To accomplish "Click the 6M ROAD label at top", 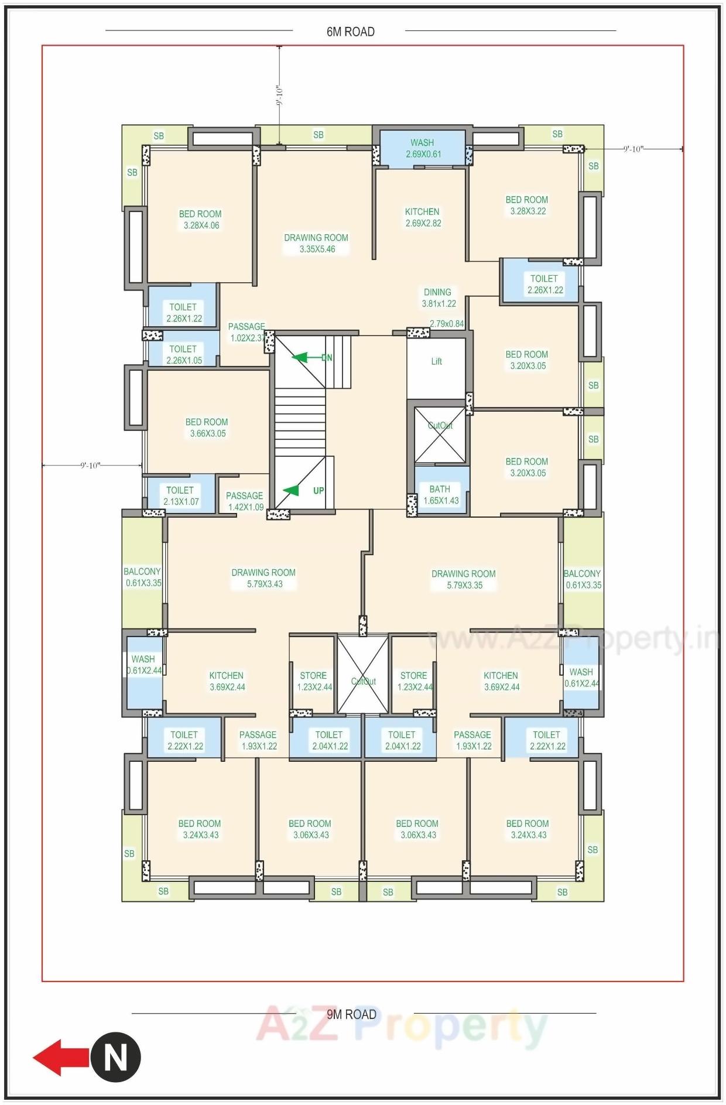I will [350, 32].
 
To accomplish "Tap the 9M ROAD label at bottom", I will [351, 1014].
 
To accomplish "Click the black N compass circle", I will [115, 1058].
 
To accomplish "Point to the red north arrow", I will [59, 1058].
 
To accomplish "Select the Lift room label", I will [436, 361].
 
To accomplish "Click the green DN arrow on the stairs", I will [301, 357].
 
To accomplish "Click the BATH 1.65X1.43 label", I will [440, 495].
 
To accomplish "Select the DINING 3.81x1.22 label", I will [439, 297].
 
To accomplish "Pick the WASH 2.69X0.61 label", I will [423, 148].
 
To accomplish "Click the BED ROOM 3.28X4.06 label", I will [201, 220].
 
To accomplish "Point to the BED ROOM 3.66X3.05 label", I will [207, 427].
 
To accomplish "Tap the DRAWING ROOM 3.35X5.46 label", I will [316, 243].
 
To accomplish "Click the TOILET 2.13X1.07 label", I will [180, 496].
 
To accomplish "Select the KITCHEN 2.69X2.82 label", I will [423, 217].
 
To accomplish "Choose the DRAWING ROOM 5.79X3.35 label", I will [464, 579].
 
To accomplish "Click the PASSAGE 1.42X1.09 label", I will [245, 501].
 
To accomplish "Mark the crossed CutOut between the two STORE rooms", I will [363, 675].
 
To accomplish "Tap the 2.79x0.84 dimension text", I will [447, 324].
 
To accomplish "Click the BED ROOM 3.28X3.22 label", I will [528, 206].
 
